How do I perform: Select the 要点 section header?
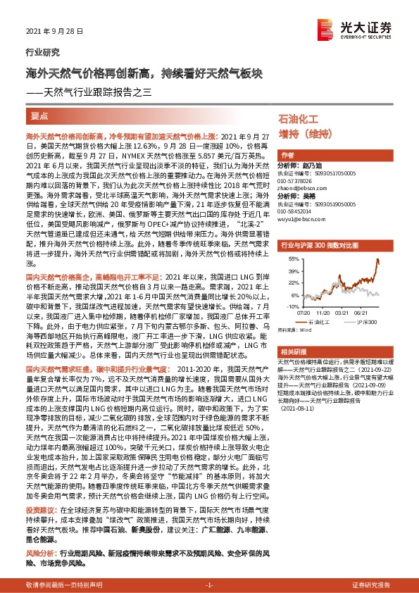coord(41,115)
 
